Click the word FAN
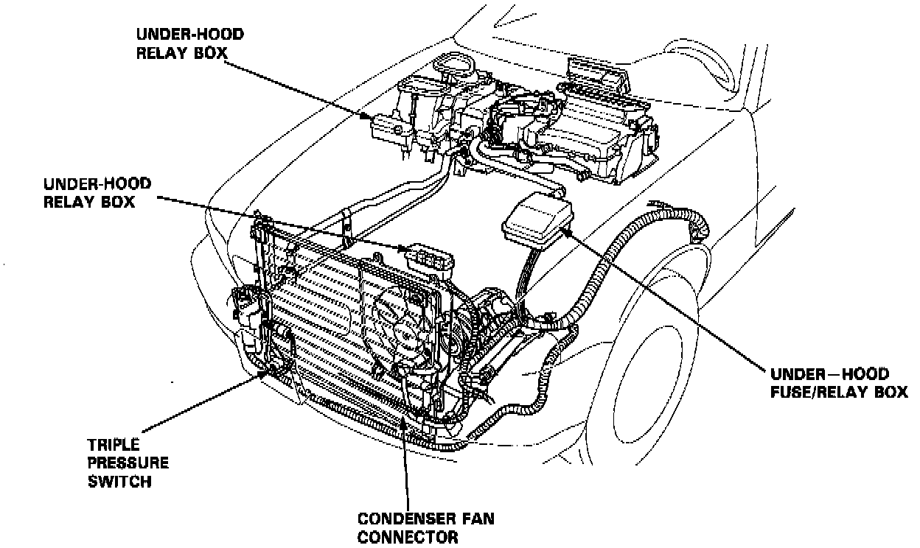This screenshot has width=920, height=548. click(x=475, y=519)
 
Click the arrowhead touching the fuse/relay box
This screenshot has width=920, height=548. click(x=565, y=229)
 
